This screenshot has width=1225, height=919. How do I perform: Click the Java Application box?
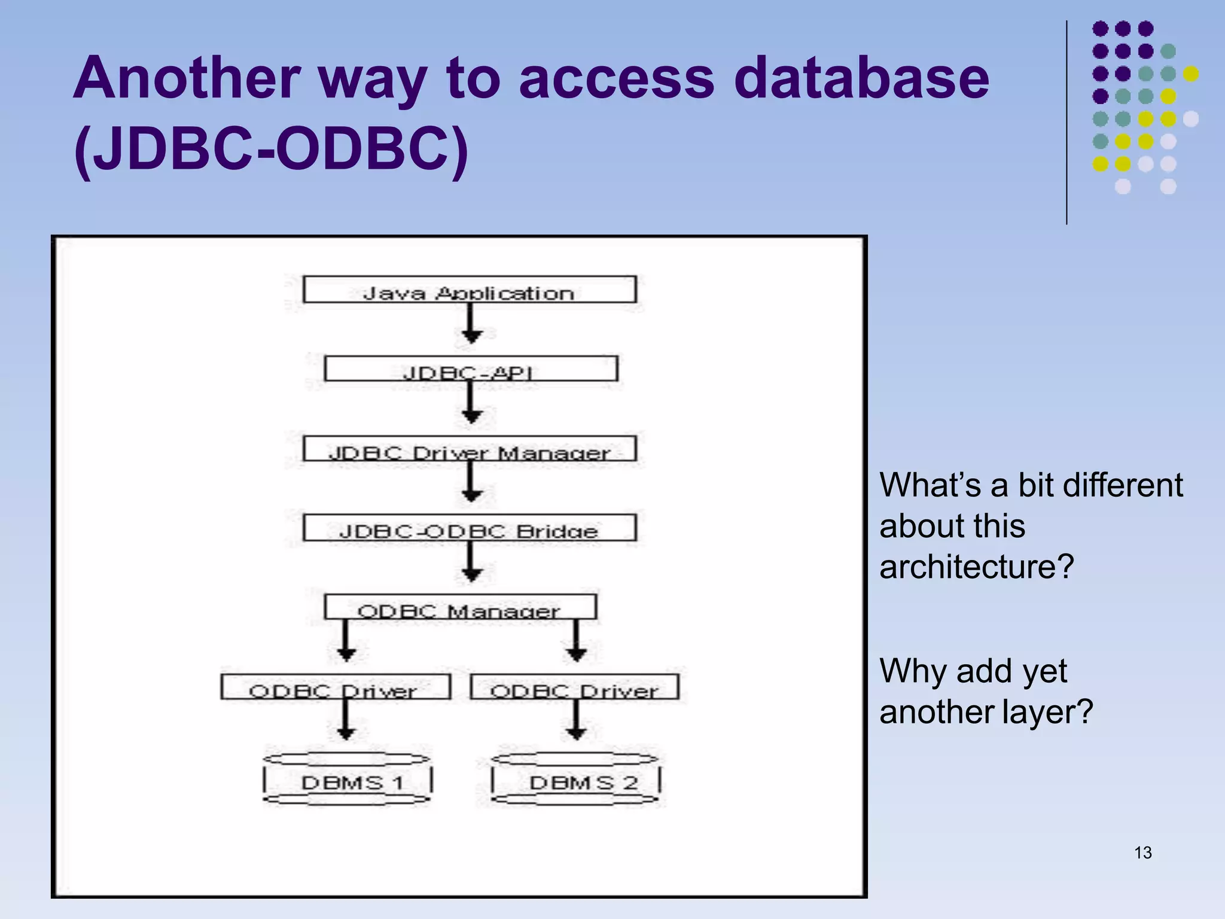[470, 290]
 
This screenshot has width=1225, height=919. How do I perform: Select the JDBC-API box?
[471, 369]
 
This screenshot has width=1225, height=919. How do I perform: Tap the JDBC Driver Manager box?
[470, 449]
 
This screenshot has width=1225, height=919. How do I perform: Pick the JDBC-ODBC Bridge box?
[470, 528]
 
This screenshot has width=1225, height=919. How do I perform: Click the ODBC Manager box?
[460, 607]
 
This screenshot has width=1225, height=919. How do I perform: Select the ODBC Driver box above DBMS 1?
[336, 687]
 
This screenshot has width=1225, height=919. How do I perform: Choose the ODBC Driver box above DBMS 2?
[574, 687]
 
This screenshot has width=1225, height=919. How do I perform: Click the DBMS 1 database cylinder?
[347, 780]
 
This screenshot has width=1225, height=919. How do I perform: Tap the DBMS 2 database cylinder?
[575, 780]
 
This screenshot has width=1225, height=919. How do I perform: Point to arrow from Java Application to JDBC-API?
[472, 324]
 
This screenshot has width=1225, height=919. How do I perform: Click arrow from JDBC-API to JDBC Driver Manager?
[472, 404]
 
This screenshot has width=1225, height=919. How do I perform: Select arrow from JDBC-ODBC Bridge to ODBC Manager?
[472, 562]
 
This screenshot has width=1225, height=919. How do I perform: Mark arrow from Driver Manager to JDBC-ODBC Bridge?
[472, 483]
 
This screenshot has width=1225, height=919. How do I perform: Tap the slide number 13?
[1142, 853]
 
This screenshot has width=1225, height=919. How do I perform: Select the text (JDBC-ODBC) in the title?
[271, 150]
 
